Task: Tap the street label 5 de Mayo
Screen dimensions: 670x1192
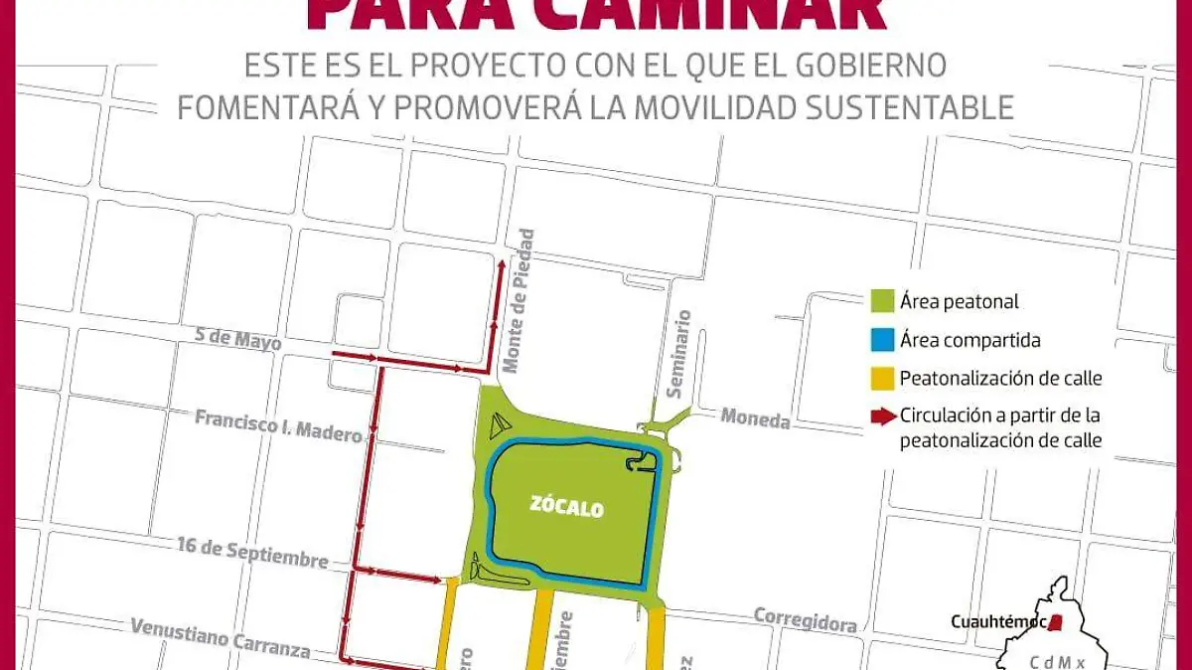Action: [238, 339]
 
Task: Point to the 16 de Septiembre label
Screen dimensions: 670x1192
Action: [252, 553]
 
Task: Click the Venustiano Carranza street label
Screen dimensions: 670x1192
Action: [221, 639]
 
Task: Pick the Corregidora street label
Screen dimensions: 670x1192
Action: [805, 620]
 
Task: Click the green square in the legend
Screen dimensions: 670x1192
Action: [880, 301]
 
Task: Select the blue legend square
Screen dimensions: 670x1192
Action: [880, 340]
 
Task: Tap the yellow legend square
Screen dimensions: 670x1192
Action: [880, 379]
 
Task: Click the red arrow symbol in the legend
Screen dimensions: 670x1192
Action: [880, 417]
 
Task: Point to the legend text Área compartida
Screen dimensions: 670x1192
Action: [969, 340]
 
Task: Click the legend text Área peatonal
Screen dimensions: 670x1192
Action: [959, 301]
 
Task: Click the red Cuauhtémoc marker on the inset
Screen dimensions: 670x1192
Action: [1056, 622]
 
